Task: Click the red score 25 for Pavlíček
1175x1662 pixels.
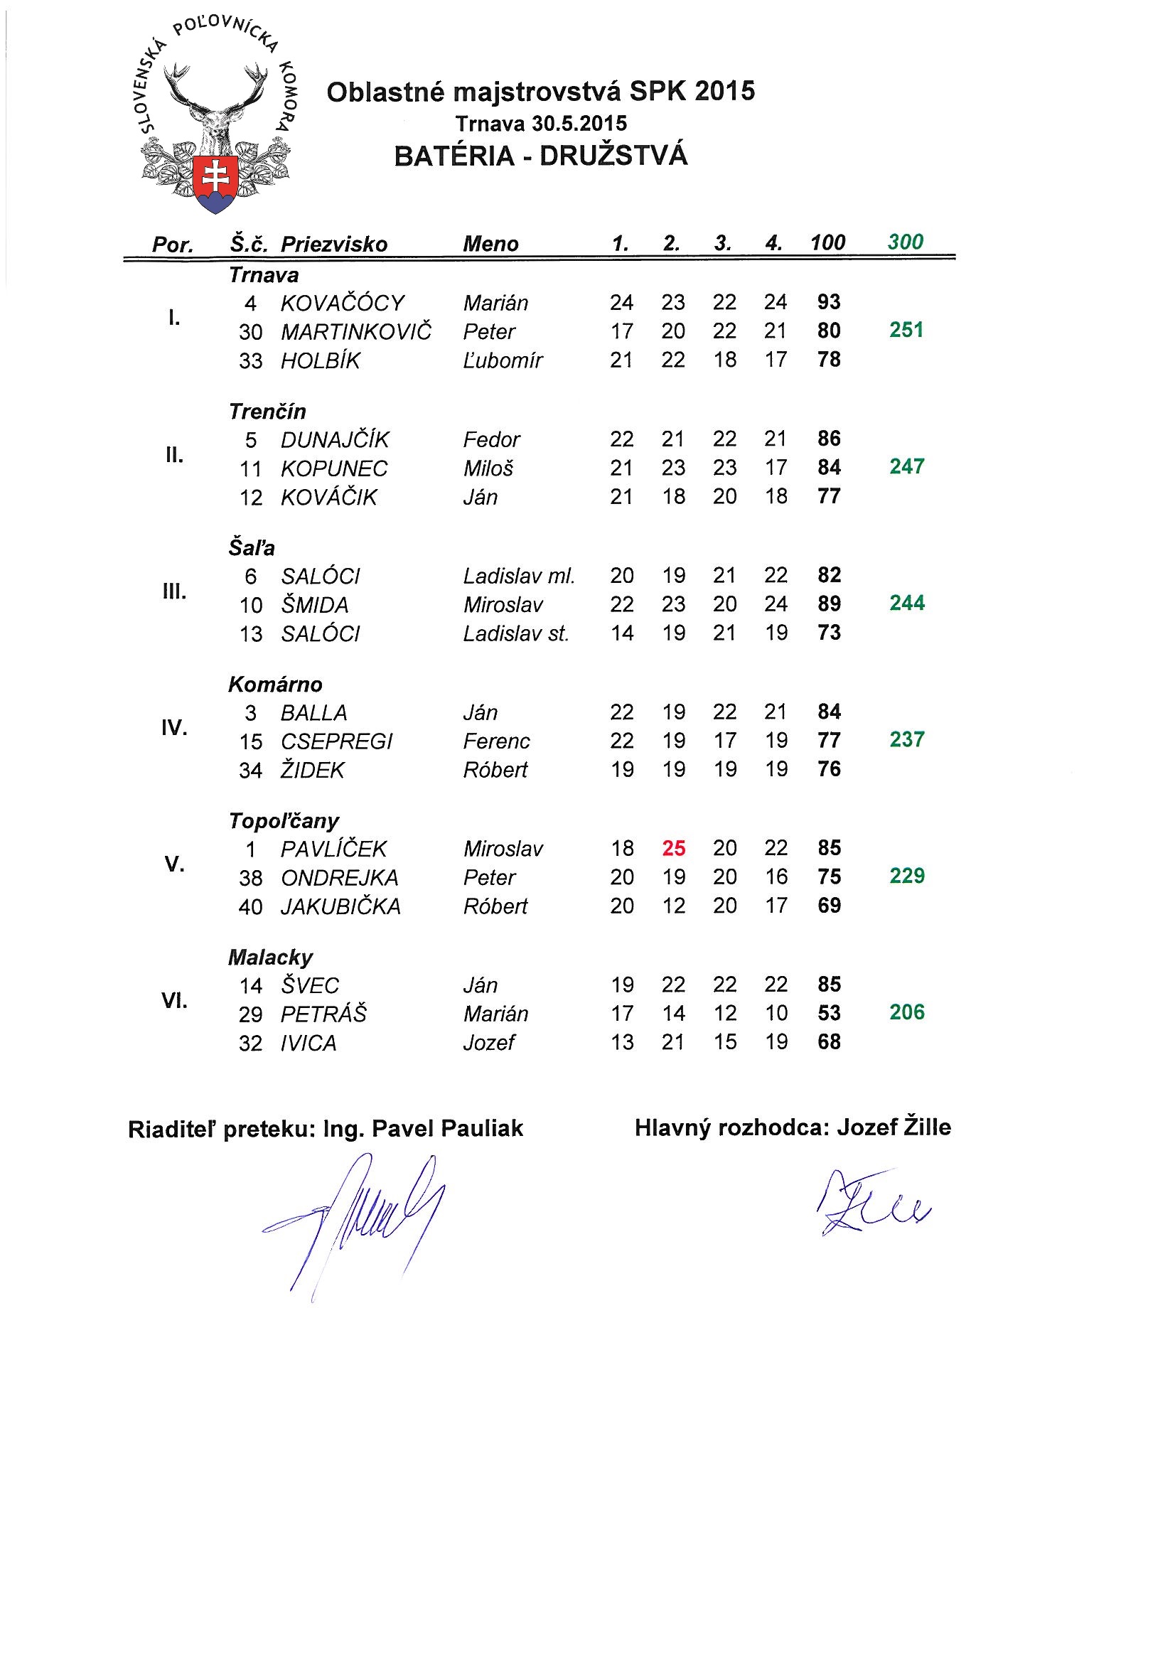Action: pyautogui.click(x=673, y=847)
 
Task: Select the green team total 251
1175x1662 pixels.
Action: pyautogui.click(x=906, y=330)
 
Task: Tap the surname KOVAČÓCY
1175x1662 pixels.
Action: pyautogui.click(x=343, y=303)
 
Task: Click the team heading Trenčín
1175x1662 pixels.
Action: pyautogui.click(x=267, y=411)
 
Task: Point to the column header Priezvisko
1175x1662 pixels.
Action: pyautogui.click(x=334, y=244)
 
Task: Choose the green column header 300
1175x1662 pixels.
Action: pyautogui.click(x=905, y=242)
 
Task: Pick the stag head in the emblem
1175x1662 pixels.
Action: pyautogui.click(x=215, y=109)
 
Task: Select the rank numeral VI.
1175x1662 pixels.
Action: pyautogui.click(x=173, y=1001)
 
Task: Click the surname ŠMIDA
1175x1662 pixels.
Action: pyautogui.click(x=315, y=604)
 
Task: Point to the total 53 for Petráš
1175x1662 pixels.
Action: pyautogui.click(x=829, y=1013)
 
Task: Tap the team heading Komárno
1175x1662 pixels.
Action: pyautogui.click(x=275, y=684)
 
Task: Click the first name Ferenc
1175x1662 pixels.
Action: pyautogui.click(x=496, y=741)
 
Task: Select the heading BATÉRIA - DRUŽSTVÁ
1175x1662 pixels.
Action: pyautogui.click(x=541, y=156)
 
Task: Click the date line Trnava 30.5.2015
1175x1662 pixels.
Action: pyautogui.click(x=541, y=123)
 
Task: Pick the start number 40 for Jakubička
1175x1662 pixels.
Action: pyautogui.click(x=250, y=906)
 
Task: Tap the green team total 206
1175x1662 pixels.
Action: pyautogui.click(x=906, y=1012)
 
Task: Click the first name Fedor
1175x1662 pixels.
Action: pyautogui.click(x=492, y=439)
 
